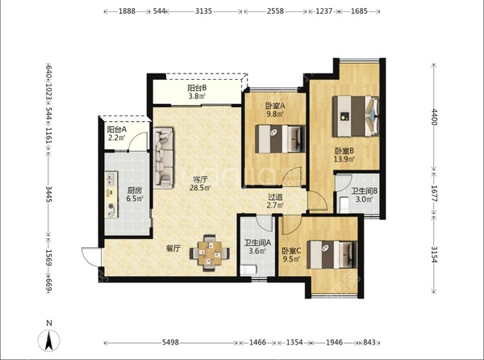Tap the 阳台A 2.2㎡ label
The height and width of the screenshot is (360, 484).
[x=117, y=133]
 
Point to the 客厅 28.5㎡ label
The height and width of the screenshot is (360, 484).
[x=200, y=183]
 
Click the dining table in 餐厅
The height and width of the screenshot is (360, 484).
[x=210, y=253]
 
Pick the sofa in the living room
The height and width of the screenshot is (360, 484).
[x=164, y=157]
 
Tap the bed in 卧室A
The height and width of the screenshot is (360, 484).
[x=280, y=139]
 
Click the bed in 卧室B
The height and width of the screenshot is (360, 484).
[x=356, y=116]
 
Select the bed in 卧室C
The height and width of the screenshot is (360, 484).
[x=332, y=255]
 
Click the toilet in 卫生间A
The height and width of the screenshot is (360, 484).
[x=248, y=270]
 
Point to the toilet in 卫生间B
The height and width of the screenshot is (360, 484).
[x=344, y=205]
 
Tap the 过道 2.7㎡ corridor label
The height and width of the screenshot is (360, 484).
[x=275, y=201]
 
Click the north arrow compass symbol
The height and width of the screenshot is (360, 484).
[x=48, y=341]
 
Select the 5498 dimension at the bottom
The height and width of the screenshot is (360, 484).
[x=170, y=342]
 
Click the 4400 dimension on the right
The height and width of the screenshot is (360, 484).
[x=434, y=117]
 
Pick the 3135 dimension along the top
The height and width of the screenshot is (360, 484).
[x=204, y=11]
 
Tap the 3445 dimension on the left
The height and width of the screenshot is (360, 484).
[x=48, y=194]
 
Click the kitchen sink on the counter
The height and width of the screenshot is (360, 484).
[x=111, y=179]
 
